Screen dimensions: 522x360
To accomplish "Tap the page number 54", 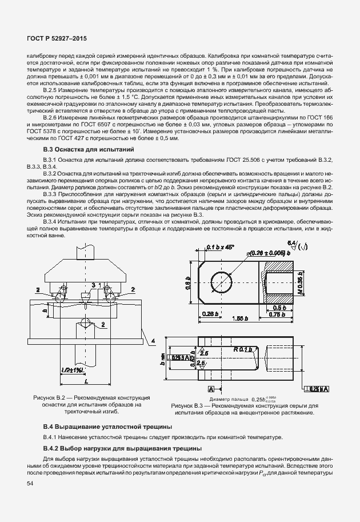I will click(30, 483).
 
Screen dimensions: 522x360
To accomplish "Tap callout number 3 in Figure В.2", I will click(93, 284).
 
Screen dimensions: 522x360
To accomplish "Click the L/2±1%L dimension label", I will click(72, 370).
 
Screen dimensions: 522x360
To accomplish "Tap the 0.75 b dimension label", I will click(277, 314).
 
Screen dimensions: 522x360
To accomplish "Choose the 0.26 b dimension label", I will click(209, 314).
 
